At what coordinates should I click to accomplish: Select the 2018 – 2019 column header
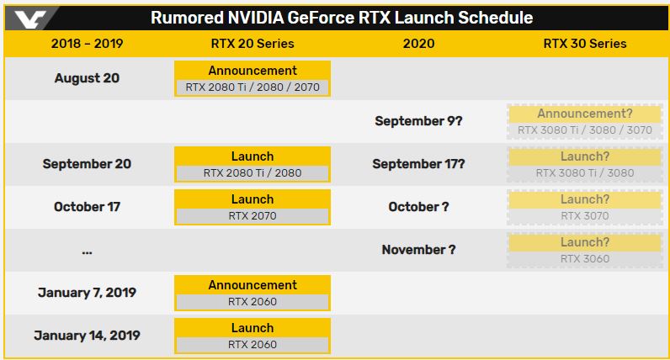(x=88, y=44)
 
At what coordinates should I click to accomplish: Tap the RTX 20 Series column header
(x=253, y=44)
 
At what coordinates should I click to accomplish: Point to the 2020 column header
(x=419, y=44)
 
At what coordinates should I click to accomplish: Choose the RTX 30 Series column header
(x=585, y=44)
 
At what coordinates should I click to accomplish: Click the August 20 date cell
(x=88, y=78)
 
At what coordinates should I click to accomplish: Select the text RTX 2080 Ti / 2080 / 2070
(x=253, y=87)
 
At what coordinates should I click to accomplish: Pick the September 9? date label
(x=419, y=121)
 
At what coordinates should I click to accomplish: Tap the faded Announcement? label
(x=585, y=114)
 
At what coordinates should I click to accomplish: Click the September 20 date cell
(x=88, y=164)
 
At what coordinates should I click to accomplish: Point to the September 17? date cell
(x=419, y=164)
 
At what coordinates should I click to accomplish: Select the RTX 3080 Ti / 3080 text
(x=585, y=173)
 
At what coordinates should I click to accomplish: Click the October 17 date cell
(x=88, y=207)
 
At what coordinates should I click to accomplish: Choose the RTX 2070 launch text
(x=253, y=216)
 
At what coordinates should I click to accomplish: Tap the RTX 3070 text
(x=585, y=216)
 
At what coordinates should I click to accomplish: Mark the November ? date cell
(x=419, y=250)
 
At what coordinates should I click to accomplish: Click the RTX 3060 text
(x=585, y=259)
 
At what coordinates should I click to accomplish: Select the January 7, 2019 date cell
(x=88, y=293)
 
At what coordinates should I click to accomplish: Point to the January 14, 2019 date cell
(x=88, y=336)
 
